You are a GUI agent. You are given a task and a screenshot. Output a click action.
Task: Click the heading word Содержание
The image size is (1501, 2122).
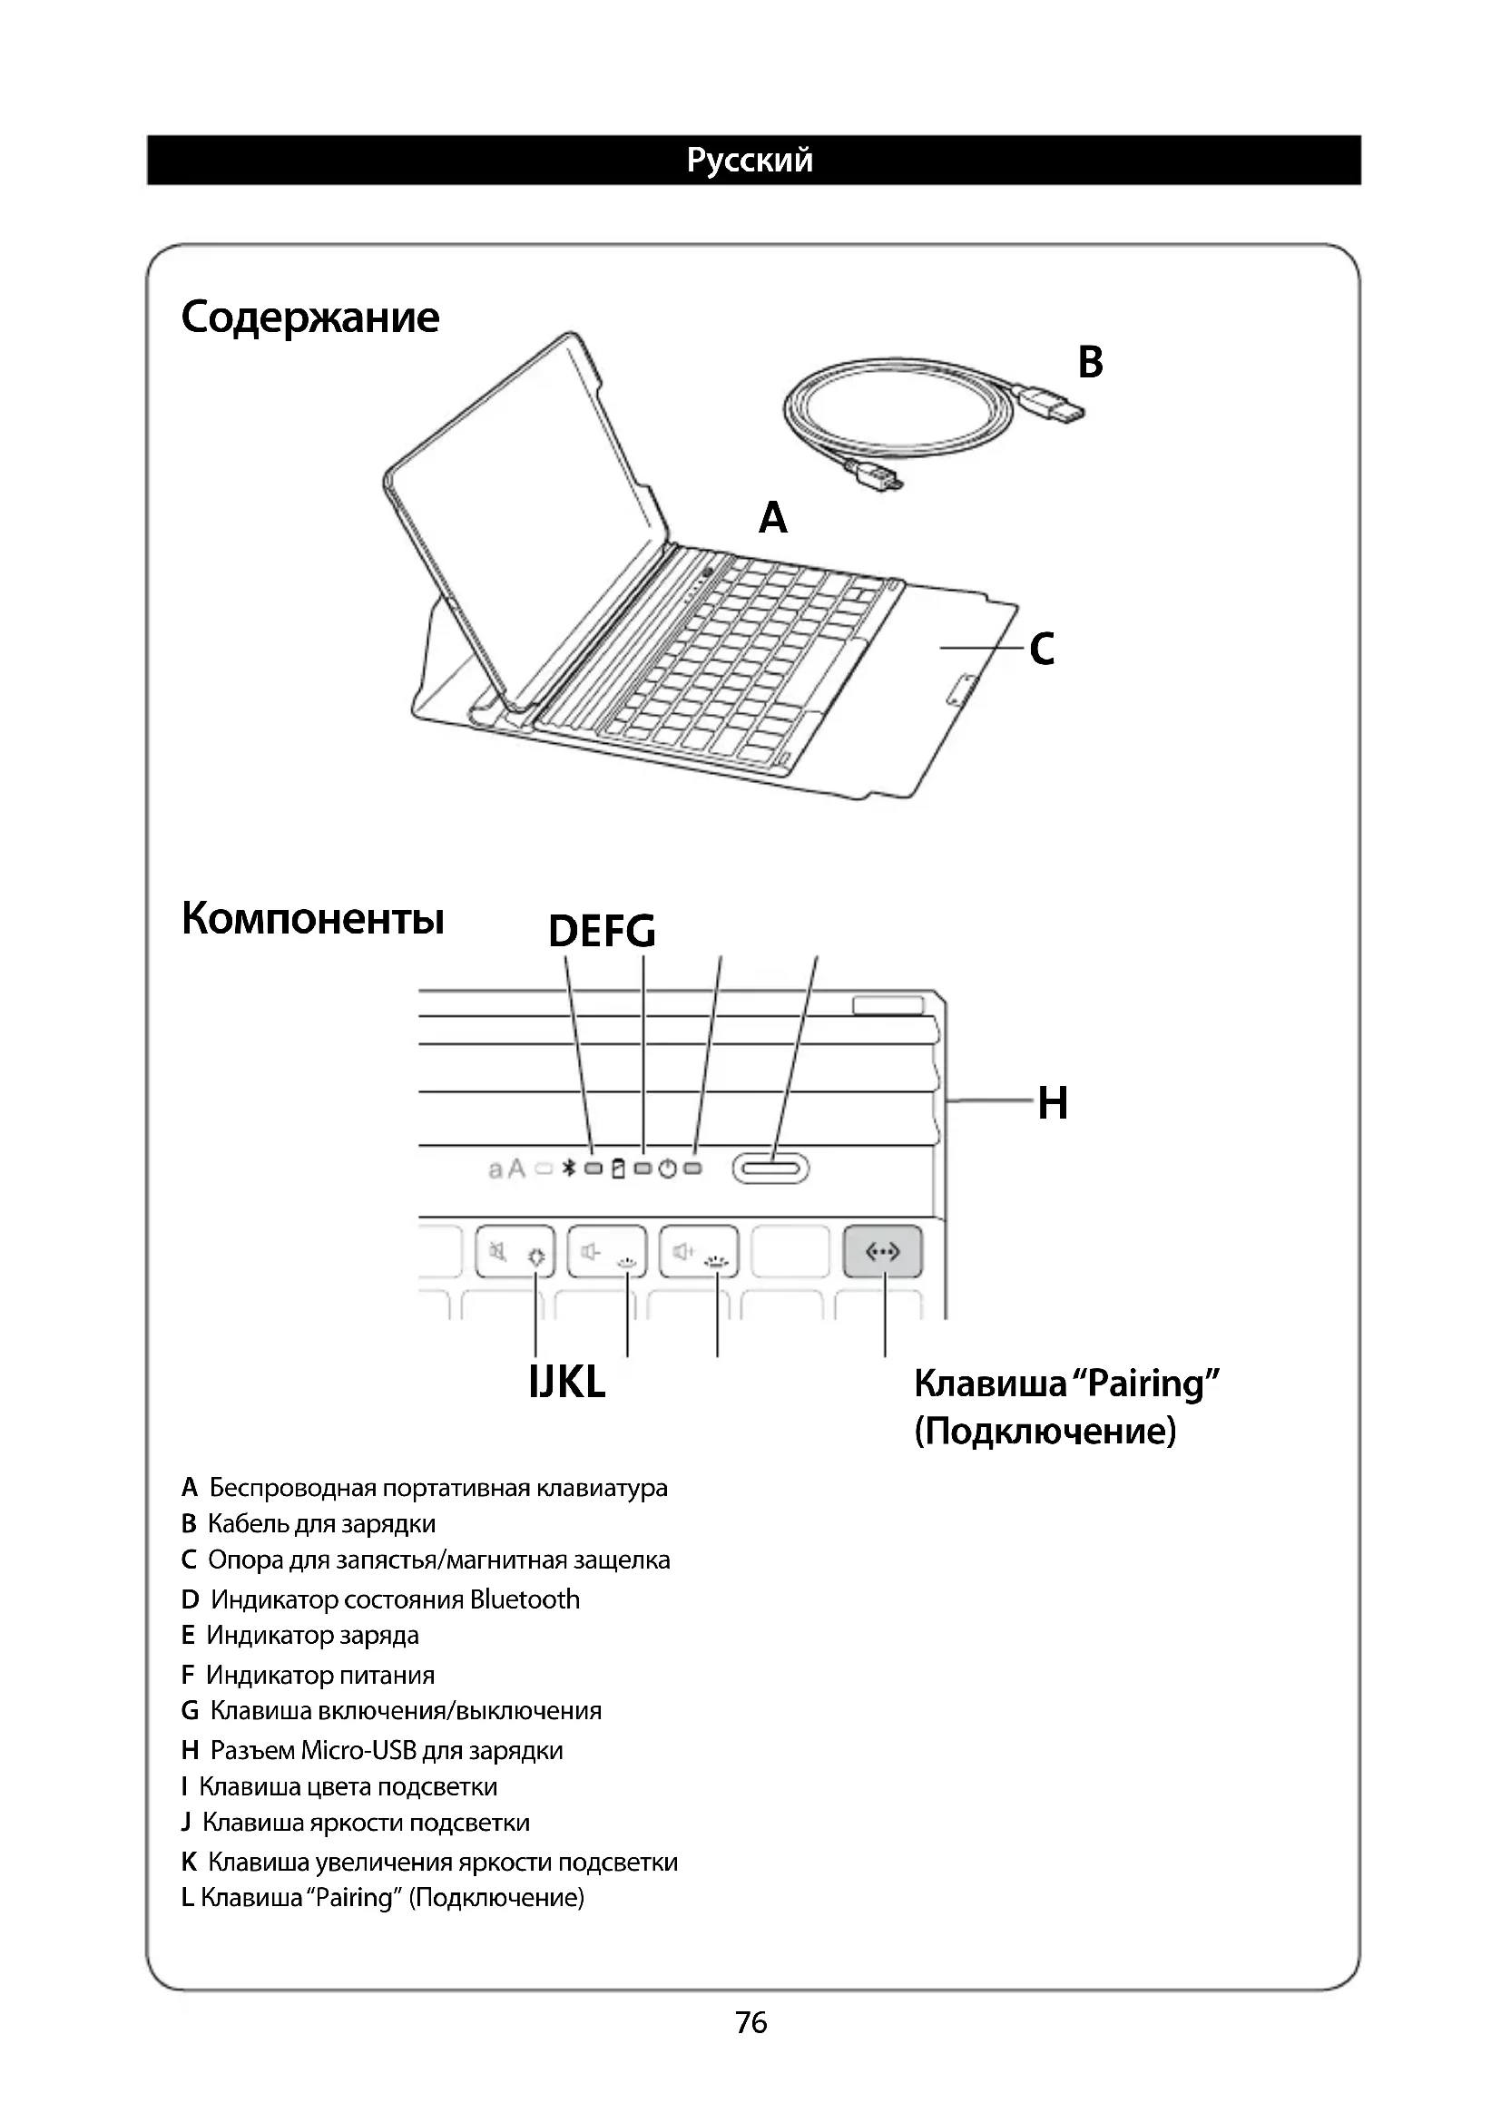click(x=309, y=317)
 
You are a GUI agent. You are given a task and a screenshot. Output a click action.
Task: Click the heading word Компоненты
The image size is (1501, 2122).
click(x=312, y=919)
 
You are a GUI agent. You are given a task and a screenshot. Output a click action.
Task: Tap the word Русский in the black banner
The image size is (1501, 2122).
click(x=750, y=160)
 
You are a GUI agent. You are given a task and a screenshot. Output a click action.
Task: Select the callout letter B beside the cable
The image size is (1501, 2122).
click(x=1090, y=362)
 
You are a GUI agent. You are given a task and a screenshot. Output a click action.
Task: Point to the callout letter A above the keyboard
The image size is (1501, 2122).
click(x=772, y=517)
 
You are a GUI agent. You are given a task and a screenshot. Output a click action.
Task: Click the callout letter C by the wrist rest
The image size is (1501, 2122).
click(x=1042, y=649)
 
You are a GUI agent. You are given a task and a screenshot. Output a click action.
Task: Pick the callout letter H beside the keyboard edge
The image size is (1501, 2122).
click(x=1053, y=1102)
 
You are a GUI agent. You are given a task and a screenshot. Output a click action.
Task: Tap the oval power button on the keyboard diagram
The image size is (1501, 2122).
click(x=770, y=1169)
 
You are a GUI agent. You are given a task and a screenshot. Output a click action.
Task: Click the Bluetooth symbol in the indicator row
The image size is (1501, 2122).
click(x=569, y=1169)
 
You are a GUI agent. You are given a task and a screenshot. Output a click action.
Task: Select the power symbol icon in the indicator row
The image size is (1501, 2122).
click(x=667, y=1169)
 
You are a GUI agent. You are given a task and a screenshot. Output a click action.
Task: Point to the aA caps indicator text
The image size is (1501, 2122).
click(x=506, y=1169)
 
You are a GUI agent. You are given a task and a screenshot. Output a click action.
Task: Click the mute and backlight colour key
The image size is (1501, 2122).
click(x=515, y=1252)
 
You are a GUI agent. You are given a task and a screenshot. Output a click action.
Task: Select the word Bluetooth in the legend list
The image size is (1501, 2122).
click(x=524, y=1599)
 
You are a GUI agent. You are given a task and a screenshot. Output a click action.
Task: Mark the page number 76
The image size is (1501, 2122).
click(x=751, y=2023)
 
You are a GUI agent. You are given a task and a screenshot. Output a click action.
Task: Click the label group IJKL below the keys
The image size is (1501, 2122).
click(x=566, y=1383)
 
